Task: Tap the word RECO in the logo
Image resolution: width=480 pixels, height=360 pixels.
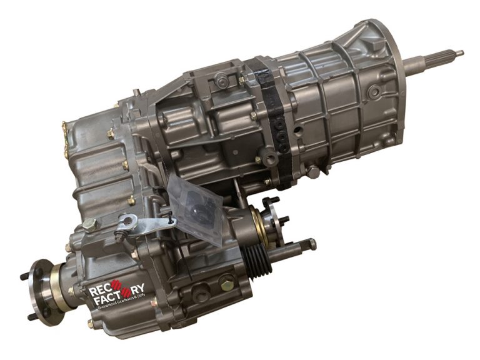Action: pos(104,291)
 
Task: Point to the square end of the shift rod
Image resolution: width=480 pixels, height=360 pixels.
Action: pos(311,243)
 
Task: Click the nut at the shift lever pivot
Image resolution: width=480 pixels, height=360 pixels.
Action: pos(127,221)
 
